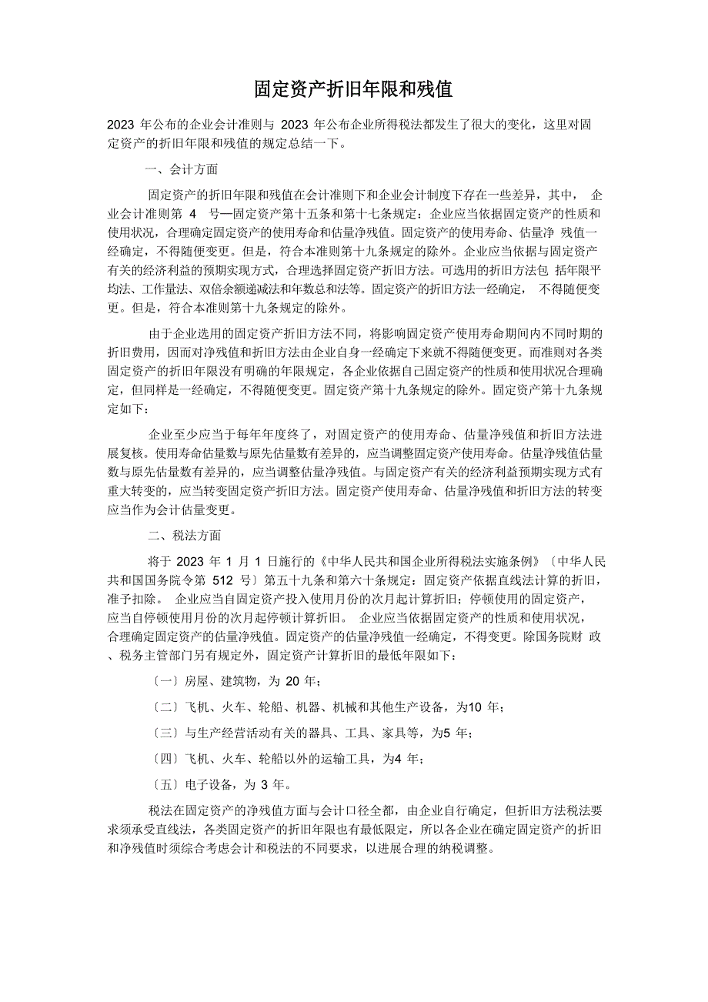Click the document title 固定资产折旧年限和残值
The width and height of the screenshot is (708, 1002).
353,90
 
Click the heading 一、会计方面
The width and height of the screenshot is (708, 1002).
182,169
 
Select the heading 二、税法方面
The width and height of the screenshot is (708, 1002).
182,536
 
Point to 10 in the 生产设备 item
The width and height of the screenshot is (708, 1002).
476,706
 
